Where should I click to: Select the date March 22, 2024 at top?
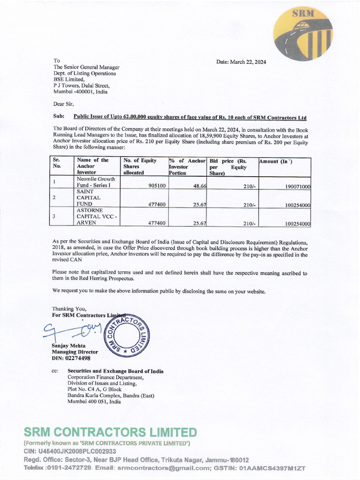coord(241,62)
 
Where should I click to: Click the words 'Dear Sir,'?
coord(63,104)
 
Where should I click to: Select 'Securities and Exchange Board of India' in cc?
coord(115,371)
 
